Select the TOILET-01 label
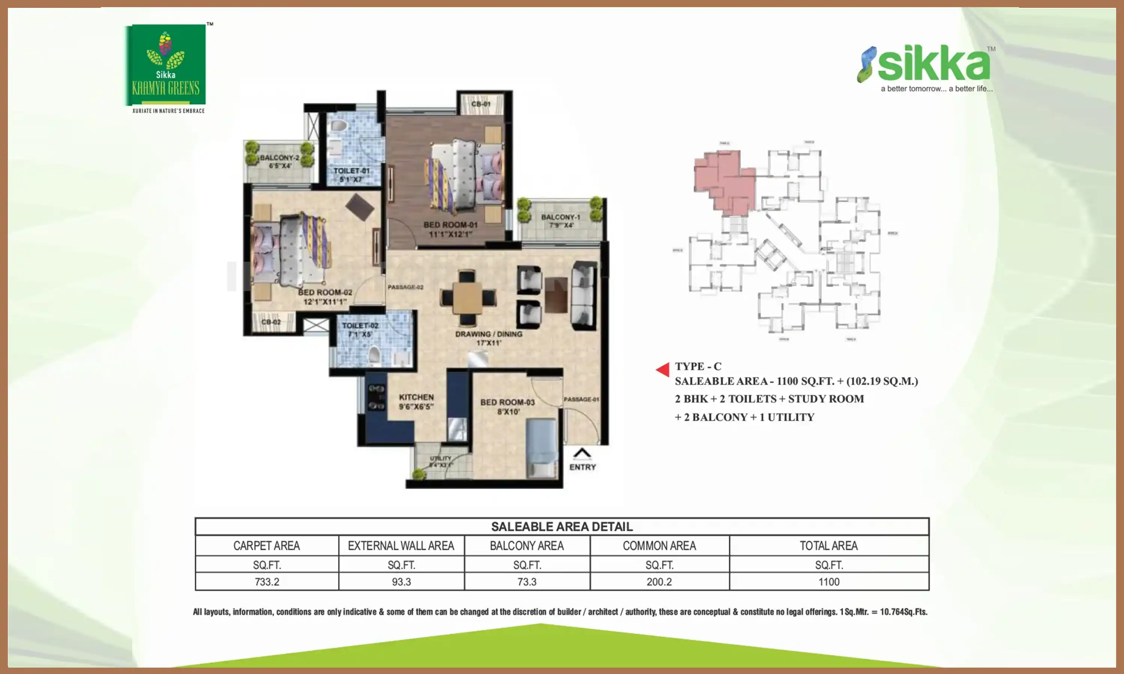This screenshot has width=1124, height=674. click(351, 175)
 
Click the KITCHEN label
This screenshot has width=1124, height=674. click(416, 402)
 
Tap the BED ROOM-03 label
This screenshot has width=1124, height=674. click(507, 407)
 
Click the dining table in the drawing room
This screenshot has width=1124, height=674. click(468, 298)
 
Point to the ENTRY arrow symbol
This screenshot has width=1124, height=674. click(582, 453)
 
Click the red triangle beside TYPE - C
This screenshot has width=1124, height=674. click(663, 370)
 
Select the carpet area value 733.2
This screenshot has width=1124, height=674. click(267, 582)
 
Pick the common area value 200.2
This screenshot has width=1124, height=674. click(659, 582)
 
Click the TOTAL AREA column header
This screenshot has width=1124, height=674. click(829, 546)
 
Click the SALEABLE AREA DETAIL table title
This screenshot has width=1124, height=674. click(562, 527)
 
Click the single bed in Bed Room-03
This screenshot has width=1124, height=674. click(541, 447)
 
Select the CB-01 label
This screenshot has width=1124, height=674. click(481, 104)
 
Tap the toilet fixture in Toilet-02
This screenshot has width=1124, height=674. click(374, 356)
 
